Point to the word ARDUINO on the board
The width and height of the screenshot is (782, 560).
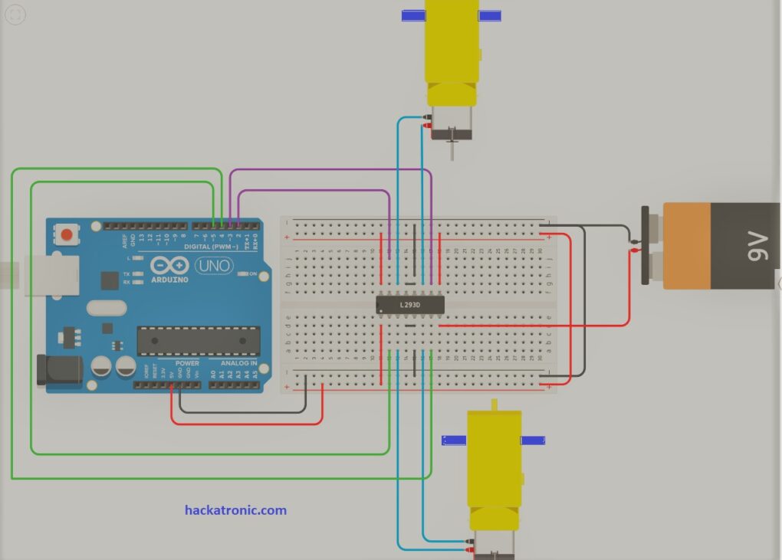[x=170, y=280]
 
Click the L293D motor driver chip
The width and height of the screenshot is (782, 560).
[x=410, y=305]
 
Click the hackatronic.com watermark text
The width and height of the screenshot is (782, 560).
[x=235, y=509]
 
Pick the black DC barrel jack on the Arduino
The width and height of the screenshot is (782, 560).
[x=59, y=370]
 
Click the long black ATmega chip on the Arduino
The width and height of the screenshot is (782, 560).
[x=198, y=340]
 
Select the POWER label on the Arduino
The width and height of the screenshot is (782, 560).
[x=187, y=363]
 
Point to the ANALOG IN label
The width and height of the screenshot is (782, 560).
[x=238, y=363]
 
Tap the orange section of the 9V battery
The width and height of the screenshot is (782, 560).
[x=687, y=245]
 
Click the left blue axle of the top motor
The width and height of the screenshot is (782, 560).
[x=414, y=15]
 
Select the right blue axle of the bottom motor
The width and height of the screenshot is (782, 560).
[x=533, y=440]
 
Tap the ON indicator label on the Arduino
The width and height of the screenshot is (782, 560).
[x=252, y=273]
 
